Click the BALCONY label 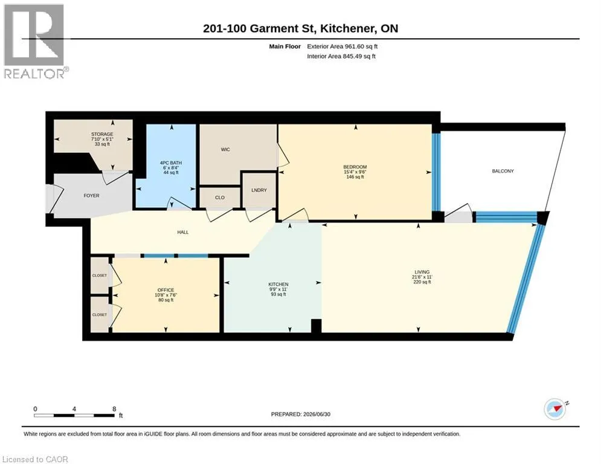(503, 171)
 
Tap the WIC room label (225, 150)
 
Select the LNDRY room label (259, 190)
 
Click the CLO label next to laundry (220, 198)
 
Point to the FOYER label (92, 196)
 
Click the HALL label (183, 232)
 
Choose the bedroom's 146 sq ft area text (355, 177)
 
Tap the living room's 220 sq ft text (422, 282)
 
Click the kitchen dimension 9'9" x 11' (278, 289)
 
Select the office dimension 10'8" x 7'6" (166, 295)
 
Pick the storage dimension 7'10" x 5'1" (102, 139)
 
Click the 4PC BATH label (171, 163)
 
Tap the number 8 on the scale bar (114, 409)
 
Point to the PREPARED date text (301, 414)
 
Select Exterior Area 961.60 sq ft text (342, 47)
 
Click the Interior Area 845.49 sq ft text (341, 56)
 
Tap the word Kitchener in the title (348, 28)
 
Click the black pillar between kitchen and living (316, 326)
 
